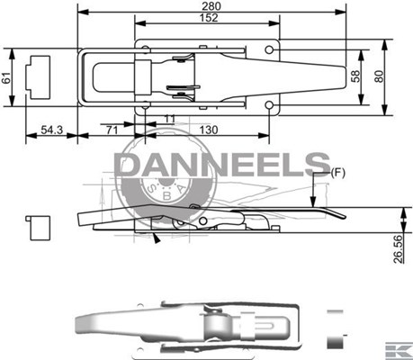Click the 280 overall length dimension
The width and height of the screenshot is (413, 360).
pos(211,6)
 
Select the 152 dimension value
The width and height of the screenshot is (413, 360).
pos(209,18)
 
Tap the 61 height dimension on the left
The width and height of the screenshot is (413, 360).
pos(6,77)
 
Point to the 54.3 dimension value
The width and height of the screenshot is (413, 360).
pos(51,130)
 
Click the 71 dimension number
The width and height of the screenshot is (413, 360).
pos(112,130)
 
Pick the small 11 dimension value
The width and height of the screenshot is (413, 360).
pos(170,119)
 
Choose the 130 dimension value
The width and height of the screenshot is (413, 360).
pos(209,130)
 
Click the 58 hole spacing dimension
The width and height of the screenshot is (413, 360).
pos(355,76)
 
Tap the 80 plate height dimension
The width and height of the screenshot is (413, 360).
pos(379,76)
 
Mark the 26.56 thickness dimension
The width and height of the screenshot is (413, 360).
pos(398,249)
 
